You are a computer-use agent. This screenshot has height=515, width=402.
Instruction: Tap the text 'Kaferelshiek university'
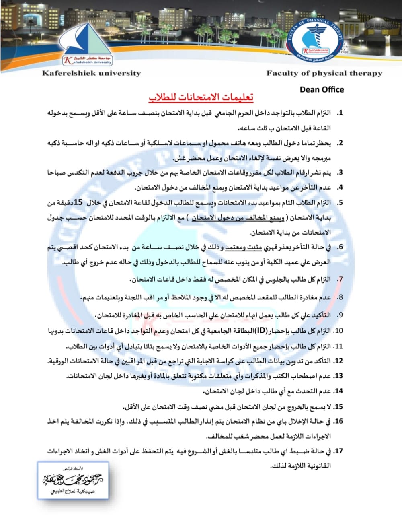(91, 73)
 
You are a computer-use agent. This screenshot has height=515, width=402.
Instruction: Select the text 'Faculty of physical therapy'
(324, 73)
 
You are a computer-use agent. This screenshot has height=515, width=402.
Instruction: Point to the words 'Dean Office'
(322, 89)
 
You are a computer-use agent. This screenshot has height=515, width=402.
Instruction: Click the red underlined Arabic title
(201, 97)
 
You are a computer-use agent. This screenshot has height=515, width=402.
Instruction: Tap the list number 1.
(339, 113)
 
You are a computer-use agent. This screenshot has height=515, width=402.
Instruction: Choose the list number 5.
(340, 203)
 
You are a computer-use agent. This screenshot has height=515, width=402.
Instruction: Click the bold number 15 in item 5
(78, 202)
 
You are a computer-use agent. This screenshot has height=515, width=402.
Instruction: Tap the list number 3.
(340, 173)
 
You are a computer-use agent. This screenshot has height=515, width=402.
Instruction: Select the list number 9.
(340, 315)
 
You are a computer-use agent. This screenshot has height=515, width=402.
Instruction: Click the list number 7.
(340, 279)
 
